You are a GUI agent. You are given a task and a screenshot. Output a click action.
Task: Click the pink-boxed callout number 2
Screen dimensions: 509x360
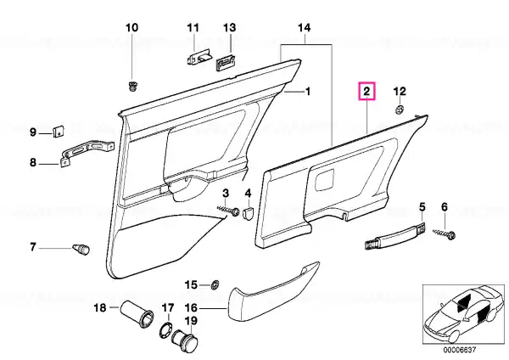tap(366, 92)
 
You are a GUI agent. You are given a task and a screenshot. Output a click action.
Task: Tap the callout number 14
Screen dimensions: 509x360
tap(305, 28)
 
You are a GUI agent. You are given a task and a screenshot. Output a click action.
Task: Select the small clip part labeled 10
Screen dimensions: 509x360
tap(132, 87)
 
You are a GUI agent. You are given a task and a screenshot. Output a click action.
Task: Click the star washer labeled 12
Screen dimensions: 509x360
tap(400, 110)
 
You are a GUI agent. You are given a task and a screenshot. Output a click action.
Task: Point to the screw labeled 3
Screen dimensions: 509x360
tap(228, 210)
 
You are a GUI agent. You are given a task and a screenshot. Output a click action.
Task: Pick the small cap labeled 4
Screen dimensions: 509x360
tap(248, 212)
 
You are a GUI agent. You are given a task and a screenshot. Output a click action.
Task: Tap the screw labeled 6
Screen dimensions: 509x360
tap(445, 233)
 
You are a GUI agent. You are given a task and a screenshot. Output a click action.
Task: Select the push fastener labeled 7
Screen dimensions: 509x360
tap(81, 250)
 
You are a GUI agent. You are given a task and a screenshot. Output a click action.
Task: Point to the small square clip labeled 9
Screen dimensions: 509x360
tap(59, 131)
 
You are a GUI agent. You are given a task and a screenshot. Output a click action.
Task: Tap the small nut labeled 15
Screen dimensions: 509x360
tap(215, 285)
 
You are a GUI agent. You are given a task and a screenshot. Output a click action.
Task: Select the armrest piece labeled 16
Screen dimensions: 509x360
tap(272, 290)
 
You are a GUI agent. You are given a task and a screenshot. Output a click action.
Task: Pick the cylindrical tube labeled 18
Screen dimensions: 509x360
tap(137, 313)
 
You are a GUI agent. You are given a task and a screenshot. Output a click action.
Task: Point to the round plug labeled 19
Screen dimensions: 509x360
tap(185, 340)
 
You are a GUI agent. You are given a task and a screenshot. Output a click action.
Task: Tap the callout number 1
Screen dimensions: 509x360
tap(307, 92)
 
